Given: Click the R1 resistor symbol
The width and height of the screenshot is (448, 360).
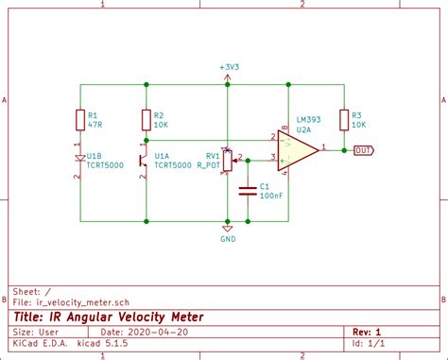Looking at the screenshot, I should click(80, 119).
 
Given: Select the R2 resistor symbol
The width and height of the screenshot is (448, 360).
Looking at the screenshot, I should click(146, 119).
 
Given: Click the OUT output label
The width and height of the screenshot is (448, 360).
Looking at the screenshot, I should click(363, 150).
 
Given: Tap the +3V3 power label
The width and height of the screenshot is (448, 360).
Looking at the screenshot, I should click(228, 68).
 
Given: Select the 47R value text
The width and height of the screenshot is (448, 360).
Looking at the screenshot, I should click(95, 124).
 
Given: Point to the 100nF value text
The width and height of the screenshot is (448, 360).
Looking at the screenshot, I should click(271, 195).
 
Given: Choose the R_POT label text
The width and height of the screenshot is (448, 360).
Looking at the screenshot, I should click(208, 164).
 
